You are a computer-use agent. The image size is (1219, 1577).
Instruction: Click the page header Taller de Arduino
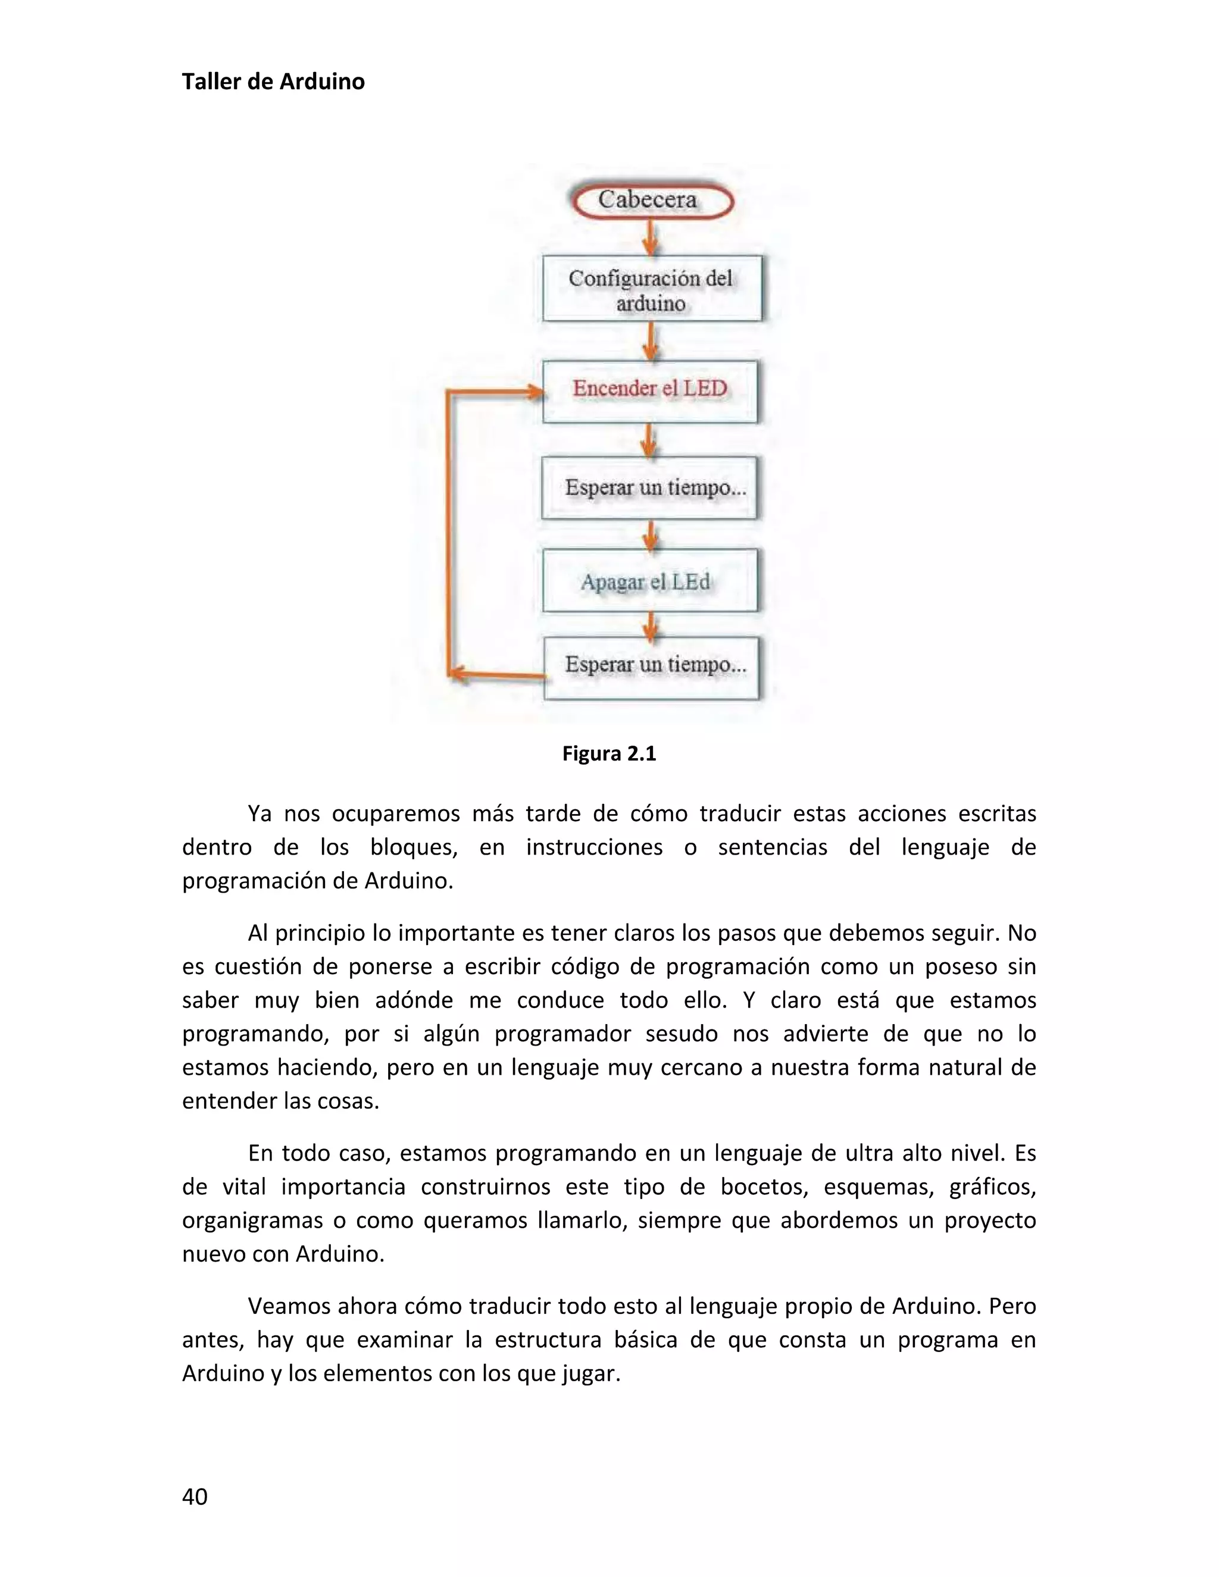[273, 82]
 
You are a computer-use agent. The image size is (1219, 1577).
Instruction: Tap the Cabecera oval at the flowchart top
[651, 201]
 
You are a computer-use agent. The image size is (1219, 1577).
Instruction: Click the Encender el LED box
[650, 390]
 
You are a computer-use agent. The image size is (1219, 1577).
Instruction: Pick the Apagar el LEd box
[650, 581]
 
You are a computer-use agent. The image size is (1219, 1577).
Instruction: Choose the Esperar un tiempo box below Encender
[650, 487]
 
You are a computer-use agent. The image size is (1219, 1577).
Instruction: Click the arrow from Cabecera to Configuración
[650, 237]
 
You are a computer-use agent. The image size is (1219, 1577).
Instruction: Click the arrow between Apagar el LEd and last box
[651, 625]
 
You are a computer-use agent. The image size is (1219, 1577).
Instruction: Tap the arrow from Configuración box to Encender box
[651, 341]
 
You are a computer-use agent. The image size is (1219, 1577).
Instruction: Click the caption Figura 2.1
[609, 754]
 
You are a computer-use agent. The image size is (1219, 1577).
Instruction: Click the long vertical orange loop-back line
[448, 534]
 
